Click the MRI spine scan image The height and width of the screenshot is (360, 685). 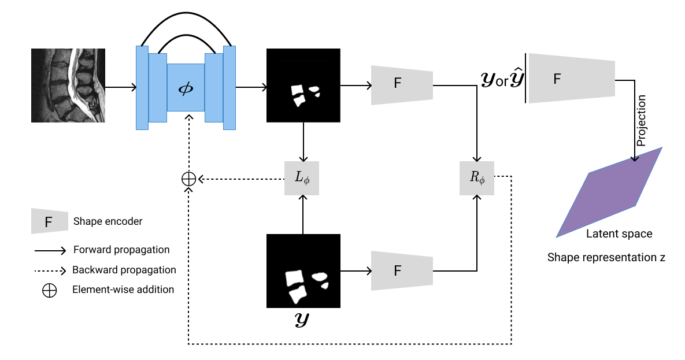coord(68,86)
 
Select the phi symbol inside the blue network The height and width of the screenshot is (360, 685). coord(186,88)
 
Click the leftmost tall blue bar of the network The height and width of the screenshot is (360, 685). coord(142,88)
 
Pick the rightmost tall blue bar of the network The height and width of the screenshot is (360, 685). coord(229,88)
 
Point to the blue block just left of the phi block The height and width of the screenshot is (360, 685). coord(158,88)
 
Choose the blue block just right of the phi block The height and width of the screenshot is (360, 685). coord(214,88)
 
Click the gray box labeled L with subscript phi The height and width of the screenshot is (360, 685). coord(302,178)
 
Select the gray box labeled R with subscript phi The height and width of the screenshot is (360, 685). coord(477,178)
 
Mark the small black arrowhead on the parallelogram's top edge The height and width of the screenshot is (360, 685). coord(635,158)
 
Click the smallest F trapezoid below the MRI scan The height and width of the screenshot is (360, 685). coord(50,221)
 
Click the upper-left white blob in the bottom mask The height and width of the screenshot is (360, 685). coord(294,278)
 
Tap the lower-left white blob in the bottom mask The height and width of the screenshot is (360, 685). coord(298,295)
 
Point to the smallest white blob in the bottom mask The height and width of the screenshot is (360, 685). coord(325,285)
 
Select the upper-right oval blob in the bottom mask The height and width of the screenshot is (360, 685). coord(320,277)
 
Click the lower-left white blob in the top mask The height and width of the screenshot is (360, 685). coord(299,101)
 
